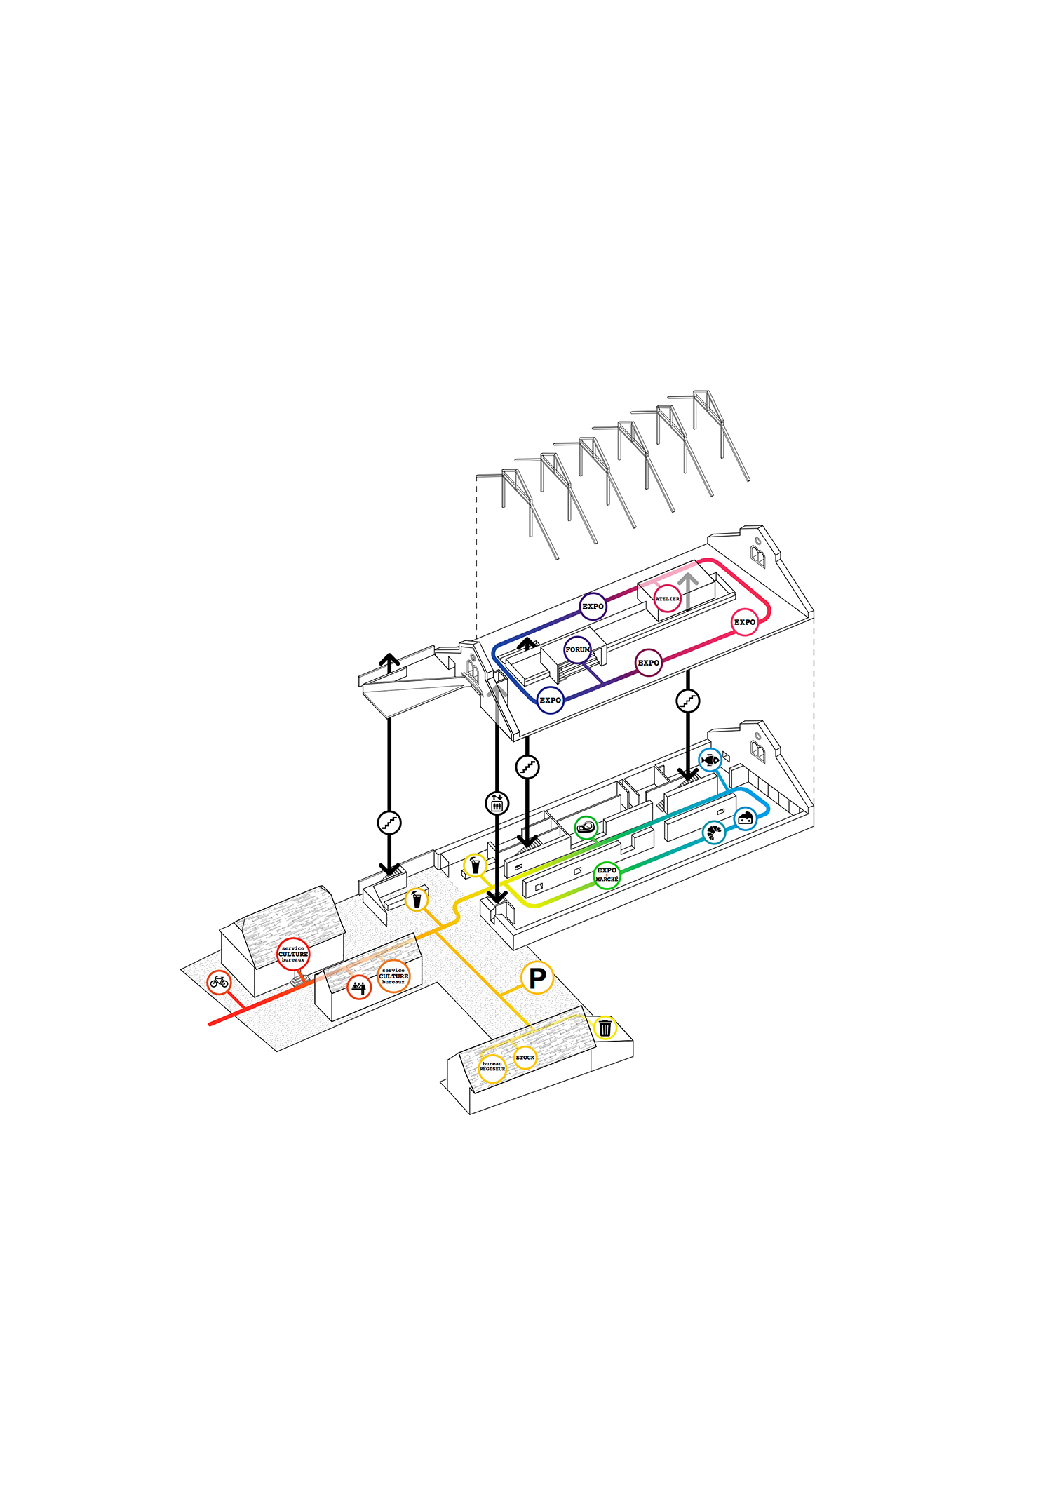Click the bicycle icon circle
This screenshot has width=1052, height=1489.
220,982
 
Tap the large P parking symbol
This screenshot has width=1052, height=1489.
537,978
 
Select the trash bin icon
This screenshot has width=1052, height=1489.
605,1028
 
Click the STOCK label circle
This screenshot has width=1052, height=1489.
525,1057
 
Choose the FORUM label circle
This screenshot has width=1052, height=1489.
577,649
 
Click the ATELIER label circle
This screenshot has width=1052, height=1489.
667,598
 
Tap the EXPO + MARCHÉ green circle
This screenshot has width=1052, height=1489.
607,875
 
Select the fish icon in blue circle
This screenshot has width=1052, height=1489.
710,760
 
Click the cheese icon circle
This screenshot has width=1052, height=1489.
745,817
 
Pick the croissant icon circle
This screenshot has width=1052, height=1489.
714,833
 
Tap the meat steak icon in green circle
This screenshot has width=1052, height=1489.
586,828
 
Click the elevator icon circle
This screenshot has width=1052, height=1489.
497,802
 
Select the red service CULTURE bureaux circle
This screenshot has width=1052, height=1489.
293,954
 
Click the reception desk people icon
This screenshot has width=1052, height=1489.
359,988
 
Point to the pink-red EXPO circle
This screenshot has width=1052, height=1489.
744,622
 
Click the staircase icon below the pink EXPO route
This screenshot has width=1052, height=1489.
688,700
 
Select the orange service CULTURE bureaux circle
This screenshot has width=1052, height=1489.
393,976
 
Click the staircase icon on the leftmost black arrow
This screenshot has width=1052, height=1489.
389,822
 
